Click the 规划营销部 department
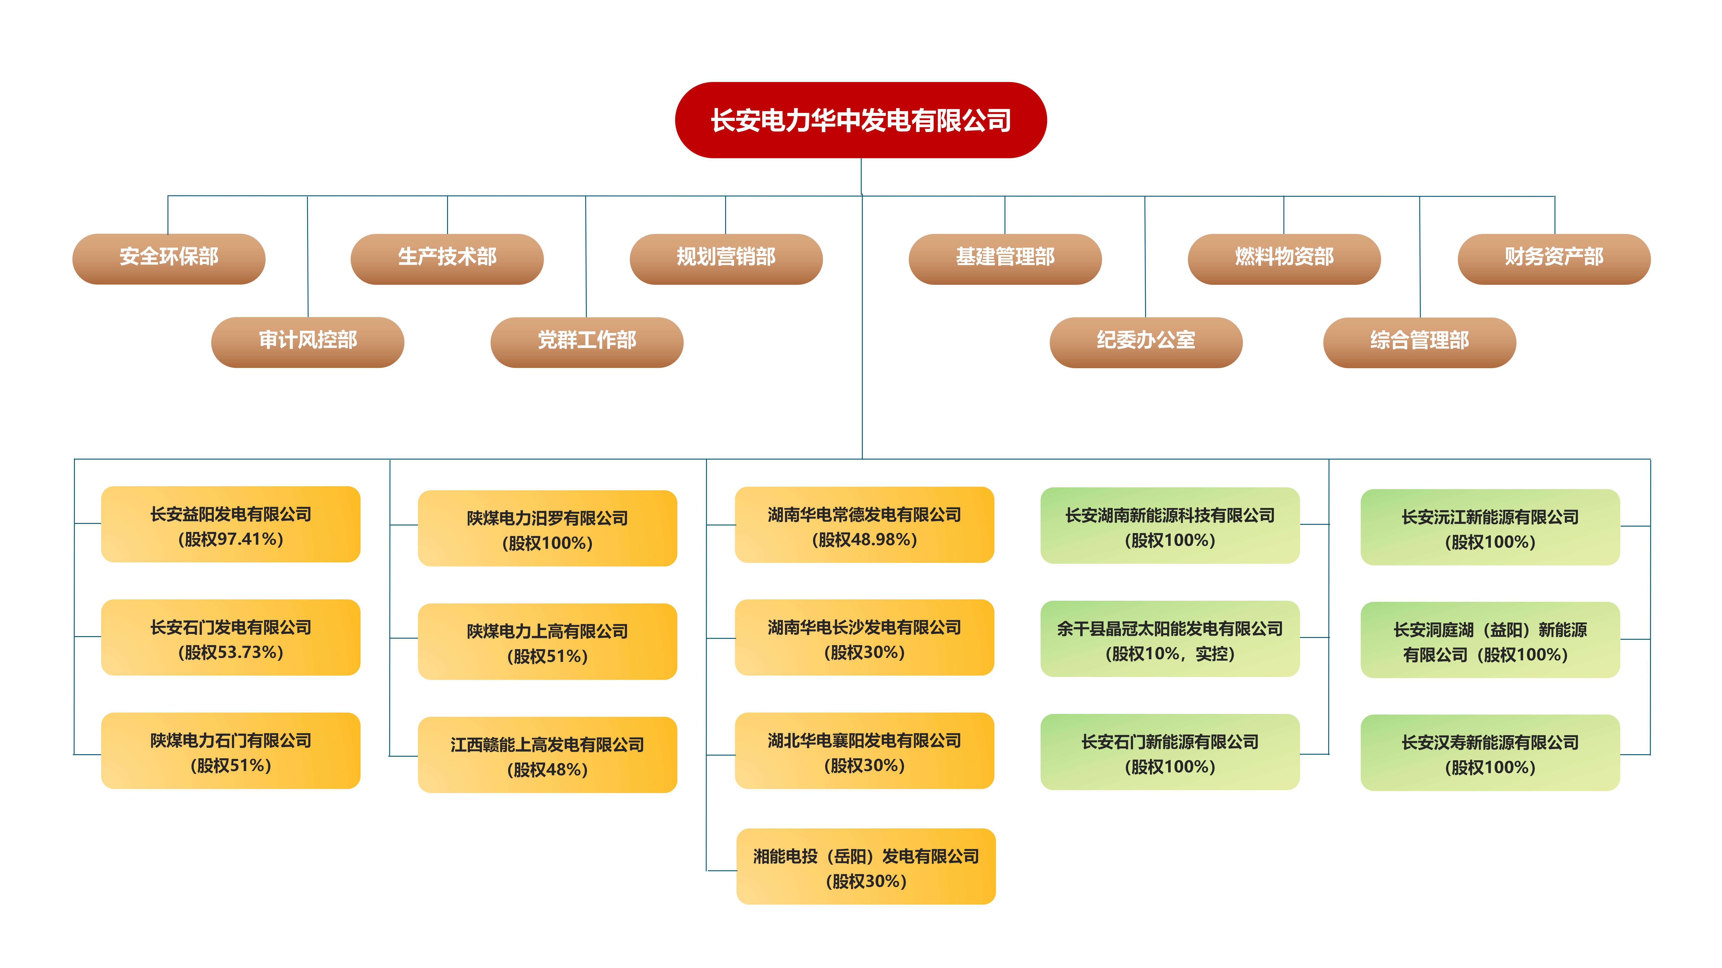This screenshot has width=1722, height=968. coord(726,259)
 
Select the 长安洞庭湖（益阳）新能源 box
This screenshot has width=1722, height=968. coord(1490,640)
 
